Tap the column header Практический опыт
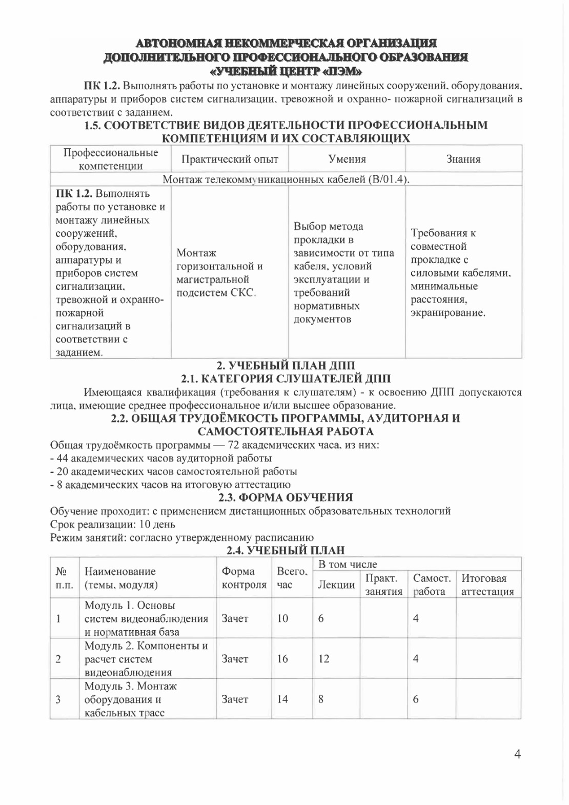[230, 159]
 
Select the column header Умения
[347, 159]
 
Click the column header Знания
[463, 159]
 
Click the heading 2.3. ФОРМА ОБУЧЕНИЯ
[286, 497]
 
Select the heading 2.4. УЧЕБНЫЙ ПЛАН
[286, 551]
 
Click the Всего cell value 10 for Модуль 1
[282, 618]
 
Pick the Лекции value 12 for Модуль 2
[323, 659]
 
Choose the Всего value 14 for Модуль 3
[282, 699]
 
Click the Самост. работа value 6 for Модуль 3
[416, 699]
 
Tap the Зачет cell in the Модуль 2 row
[235, 659]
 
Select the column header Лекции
[336, 585]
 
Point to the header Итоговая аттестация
[487, 585]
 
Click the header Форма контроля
[243, 578]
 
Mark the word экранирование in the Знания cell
[448, 312]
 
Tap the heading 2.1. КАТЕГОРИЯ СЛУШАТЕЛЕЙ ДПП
[286, 379]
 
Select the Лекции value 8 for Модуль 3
[320, 699]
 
